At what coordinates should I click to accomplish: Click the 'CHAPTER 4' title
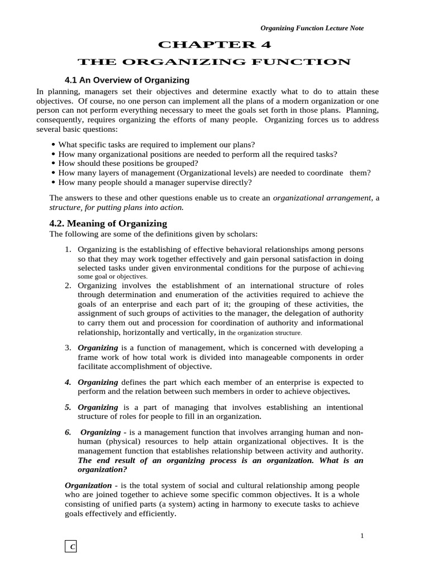[214, 45]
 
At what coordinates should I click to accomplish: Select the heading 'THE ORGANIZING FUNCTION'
[214, 61]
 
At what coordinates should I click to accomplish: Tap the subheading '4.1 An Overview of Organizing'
[127, 80]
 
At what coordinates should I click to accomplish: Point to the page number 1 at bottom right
[362, 536]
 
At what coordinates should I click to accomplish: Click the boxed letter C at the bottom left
[71, 547]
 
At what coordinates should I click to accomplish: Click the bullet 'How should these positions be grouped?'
[128, 163]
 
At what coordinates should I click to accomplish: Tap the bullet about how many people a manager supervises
[155, 182]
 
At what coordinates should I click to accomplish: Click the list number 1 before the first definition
[68, 249]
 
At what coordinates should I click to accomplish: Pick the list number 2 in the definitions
[68, 285]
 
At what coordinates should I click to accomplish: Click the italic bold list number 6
[68, 432]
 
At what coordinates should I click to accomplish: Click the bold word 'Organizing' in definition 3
[98, 347]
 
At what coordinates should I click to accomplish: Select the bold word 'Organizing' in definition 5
[98, 407]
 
